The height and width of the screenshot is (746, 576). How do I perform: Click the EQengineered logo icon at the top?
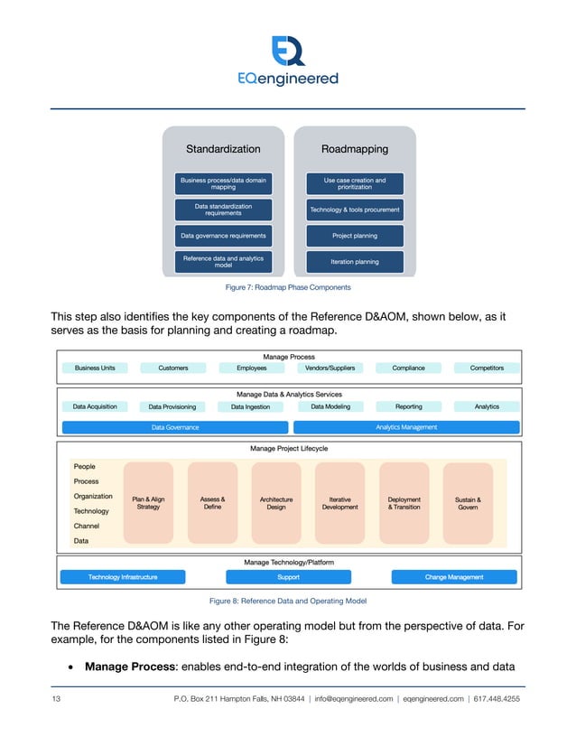(288, 49)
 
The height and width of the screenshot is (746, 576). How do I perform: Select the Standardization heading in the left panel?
(223, 149)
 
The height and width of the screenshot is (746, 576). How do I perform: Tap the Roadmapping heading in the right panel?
(354, 149)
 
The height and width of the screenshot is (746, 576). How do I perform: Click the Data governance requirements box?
(223, 236)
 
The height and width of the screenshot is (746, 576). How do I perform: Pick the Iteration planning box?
(354, 262)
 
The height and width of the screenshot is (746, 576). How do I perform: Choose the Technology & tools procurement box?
(354, 210)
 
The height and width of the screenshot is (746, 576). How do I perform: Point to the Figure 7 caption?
(287, 287)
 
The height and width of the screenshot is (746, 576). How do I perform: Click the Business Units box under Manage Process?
(100, 368)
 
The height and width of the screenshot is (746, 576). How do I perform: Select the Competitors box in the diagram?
(487, 368)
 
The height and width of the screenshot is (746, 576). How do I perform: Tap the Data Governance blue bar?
(175, 427)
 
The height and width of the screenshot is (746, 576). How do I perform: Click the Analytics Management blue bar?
(406, 427)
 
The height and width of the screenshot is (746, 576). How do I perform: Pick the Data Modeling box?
(330, 406)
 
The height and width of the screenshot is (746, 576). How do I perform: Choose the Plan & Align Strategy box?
(148, 503)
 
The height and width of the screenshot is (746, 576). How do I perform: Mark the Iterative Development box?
(339, 503)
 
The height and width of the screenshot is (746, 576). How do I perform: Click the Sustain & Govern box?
(468, 503)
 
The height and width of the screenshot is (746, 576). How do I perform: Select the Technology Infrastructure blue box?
(123, 577)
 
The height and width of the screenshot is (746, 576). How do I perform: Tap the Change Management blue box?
(454, 577)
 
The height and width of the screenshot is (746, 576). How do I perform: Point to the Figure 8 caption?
(287, 601)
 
